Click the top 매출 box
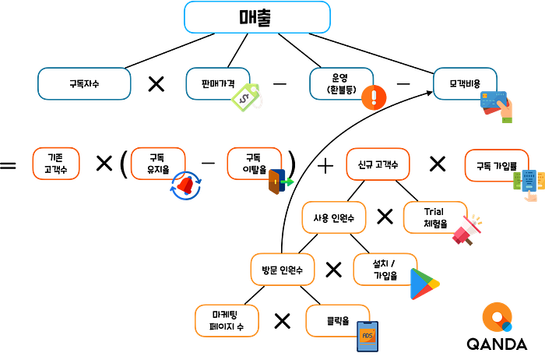[257, 17]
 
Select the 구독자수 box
[84, 84]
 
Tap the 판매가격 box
[218, 84]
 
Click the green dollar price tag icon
[247, 97]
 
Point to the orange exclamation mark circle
[374, 97]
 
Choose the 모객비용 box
[465, 84]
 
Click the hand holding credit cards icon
[497, 106]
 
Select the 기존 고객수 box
[56, 164]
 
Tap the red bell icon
[185, 185]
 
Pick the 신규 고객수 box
[378, 164]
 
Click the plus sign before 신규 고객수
[325, 166]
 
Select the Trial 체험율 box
[434, 217]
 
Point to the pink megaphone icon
[467, 230]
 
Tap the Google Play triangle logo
[425, 284]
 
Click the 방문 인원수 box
[283, 270]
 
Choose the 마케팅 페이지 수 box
[227, 321]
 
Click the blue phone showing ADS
[367, 337]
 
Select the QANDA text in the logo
[497, 344]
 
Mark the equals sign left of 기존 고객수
[8, 165]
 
